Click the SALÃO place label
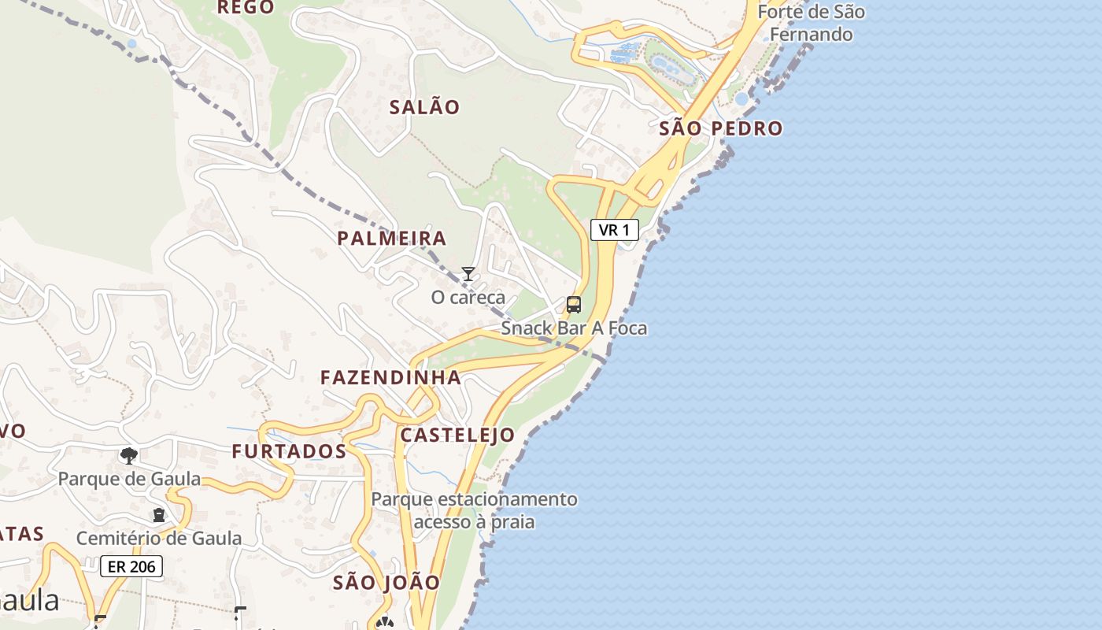coord(424,107)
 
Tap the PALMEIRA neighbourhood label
coord(391,238)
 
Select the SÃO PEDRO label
coord(720,128)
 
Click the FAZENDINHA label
coord(390,377)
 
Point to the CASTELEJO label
coord(457,435)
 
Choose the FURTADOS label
coord(289,451)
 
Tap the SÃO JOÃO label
coord(386,583)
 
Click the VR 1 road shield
coord(614,230)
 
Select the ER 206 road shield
coord(131,566)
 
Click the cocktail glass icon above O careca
coord(468,274)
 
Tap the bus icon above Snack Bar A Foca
coord(574,305)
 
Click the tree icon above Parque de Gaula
coord(129,455)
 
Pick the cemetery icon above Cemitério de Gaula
coord(159,515)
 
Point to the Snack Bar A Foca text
coord(574,328)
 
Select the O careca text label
coord(468,298)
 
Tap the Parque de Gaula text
coord(129,479)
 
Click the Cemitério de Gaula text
coord(159,539)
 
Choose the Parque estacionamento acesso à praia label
coord(474,510)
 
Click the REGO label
coord(245,8)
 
